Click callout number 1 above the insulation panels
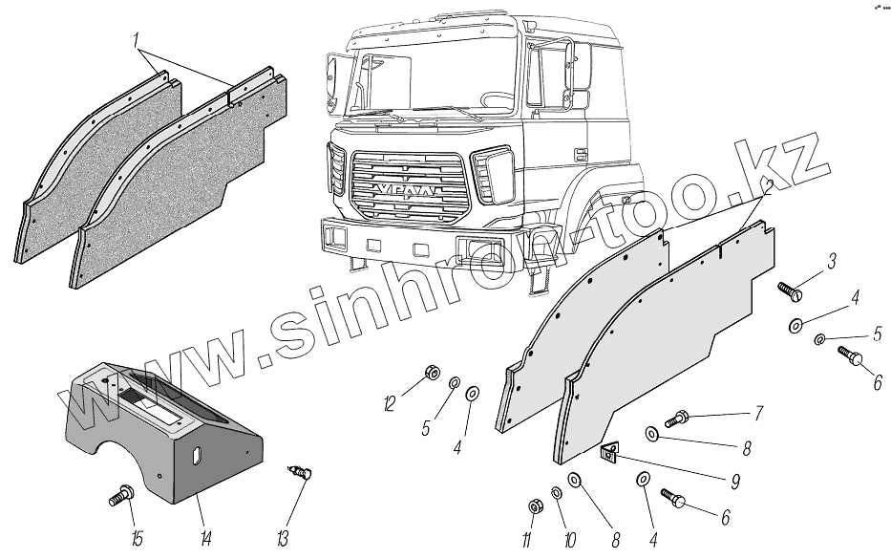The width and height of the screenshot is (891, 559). pyautogui.click(x=138, y=41)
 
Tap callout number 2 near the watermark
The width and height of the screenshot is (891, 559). pyautogui.click(x=767, y=185)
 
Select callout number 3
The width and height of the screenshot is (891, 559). pyautogui.click(x=832, y=261)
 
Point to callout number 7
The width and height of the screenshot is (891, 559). pyautogui.click(x=758, y=414)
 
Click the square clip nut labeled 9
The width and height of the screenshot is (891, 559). pyautogui.click(x=606, y=455)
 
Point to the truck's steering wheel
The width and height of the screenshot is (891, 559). pyautogui.click(x=501, y=98)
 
